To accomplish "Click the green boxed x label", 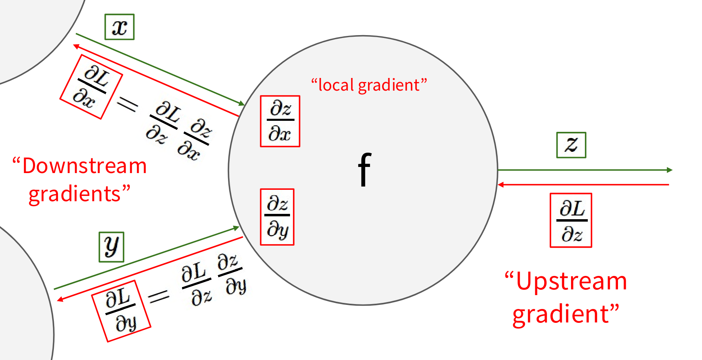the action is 120,27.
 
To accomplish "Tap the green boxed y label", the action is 111,247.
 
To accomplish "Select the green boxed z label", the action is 571,145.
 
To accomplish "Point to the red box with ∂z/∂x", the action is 280,121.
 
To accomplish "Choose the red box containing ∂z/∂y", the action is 277,217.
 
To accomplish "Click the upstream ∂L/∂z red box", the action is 571,220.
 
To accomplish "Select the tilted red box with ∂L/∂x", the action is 91,87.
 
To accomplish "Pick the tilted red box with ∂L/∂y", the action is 122,311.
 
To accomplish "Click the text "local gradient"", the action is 369,85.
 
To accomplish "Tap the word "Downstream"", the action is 85,166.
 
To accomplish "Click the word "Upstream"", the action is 571,281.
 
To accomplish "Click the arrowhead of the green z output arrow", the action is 670,170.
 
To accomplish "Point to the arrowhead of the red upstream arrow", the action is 500,185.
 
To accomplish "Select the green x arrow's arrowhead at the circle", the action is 242,103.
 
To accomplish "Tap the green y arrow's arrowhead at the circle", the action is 236,228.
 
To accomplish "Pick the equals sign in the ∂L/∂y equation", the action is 159,296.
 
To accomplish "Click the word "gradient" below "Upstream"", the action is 561,315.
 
